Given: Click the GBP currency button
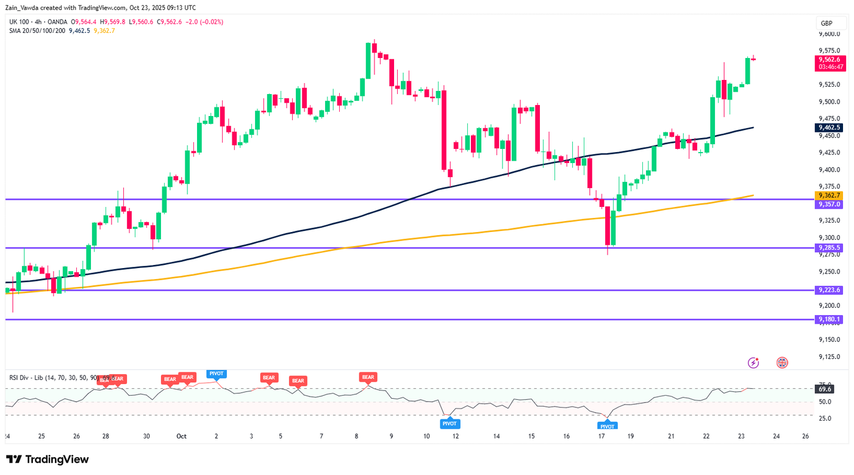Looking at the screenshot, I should pos(827,23).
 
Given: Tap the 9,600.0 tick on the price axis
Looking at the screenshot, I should pos(829,34).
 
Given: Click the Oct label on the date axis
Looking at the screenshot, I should pos(181,437).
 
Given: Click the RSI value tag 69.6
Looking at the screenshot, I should pos(825,389).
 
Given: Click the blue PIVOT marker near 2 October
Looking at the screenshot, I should pos(217,373).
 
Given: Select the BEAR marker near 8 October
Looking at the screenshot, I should pos(368,377).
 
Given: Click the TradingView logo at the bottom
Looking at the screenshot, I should pos(48,459).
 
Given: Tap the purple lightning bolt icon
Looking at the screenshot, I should pos(753,363).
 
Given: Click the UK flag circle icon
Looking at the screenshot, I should pos(782,363).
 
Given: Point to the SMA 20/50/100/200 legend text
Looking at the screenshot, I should pos(37,31).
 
